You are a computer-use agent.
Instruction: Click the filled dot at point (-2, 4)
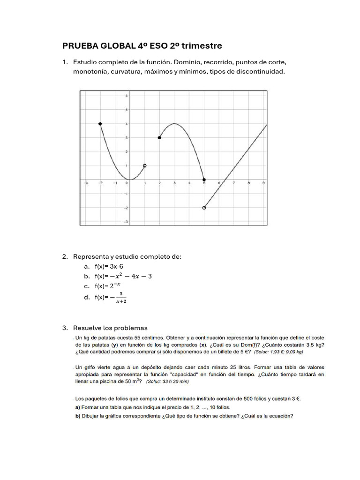coord(100,124)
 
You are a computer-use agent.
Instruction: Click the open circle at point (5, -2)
coord(204,208)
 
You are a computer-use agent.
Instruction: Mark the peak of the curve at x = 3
coord(174,124)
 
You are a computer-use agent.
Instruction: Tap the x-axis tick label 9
coord(263,183)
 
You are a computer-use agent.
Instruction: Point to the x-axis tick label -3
coord(85,183)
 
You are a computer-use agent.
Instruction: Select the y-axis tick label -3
coord(125,221)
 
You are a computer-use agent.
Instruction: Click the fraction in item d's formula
coord(121,298)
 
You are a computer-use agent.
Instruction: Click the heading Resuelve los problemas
coord(110,328)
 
